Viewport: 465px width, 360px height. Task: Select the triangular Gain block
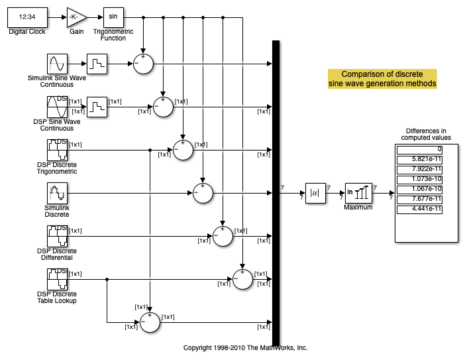[76, 16]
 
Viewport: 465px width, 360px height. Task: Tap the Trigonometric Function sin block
[113, 16]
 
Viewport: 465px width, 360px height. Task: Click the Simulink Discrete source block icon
[57, 193]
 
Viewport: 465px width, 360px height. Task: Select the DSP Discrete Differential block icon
[57, 236]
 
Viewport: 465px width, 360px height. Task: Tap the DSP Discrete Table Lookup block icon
[57, 279]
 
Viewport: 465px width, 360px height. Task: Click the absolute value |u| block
[315, 193]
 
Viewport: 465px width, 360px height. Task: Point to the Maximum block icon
[358, 193]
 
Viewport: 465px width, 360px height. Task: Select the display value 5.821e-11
[423, 159]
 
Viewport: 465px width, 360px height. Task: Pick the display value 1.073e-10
[423, 179]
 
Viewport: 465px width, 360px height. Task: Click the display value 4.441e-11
[423, 210]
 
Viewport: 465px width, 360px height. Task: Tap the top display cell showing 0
[423, 149]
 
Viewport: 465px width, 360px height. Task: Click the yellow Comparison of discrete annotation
[382, 79]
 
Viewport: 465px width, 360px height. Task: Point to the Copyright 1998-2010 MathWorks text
[245, 347]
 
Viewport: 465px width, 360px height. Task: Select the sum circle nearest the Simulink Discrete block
[203, 193]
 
